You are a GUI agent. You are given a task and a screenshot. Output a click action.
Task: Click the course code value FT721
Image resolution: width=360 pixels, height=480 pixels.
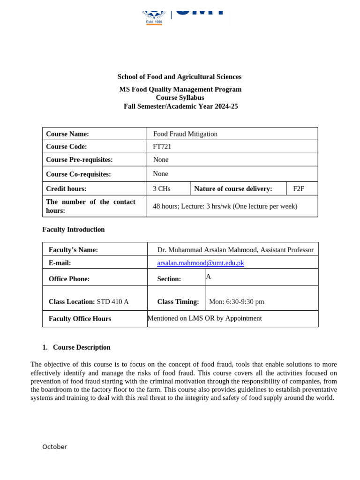point(162,147)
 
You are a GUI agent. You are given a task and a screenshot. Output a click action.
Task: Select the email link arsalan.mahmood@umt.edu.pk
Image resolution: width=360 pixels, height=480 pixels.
point(200,263)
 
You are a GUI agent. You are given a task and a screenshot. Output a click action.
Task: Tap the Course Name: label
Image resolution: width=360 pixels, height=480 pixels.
point(67,134)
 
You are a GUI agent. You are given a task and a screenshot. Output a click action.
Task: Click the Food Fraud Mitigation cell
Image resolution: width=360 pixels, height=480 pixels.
point(185,134)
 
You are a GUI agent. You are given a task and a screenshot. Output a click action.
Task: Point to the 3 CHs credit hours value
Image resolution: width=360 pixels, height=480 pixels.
point(162,189)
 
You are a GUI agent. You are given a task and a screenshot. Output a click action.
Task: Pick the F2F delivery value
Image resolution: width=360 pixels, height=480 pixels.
point(299,189)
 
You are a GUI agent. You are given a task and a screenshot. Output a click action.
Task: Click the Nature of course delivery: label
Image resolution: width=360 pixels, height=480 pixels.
point(233,189)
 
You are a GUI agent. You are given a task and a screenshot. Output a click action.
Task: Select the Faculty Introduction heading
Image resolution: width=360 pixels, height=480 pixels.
point(74,230)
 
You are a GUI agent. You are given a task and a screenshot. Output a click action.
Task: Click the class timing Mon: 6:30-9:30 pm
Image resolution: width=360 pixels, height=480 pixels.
point(237,302)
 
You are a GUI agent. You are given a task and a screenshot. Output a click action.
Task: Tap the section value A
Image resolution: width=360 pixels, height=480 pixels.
point(209,277)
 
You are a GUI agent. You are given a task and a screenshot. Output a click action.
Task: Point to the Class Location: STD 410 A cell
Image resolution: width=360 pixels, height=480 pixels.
point(89,302)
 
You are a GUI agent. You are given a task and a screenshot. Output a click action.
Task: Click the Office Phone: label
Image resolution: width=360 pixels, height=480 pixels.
point(69,279)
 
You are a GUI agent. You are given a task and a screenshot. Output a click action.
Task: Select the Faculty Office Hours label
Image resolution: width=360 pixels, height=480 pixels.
point(80,319)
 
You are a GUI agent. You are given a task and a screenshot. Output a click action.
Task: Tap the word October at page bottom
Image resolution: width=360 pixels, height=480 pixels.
point(55,447)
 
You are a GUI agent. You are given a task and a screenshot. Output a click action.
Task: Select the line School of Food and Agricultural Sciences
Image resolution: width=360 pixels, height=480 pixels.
point(180,77)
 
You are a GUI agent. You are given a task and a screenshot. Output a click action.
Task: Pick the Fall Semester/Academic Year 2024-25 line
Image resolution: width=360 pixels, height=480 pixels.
point(180,106)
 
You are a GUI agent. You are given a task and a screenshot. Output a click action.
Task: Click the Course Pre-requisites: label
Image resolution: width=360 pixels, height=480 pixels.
point(79,160)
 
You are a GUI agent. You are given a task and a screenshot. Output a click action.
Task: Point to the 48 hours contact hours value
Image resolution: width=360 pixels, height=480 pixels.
point(225,206)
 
